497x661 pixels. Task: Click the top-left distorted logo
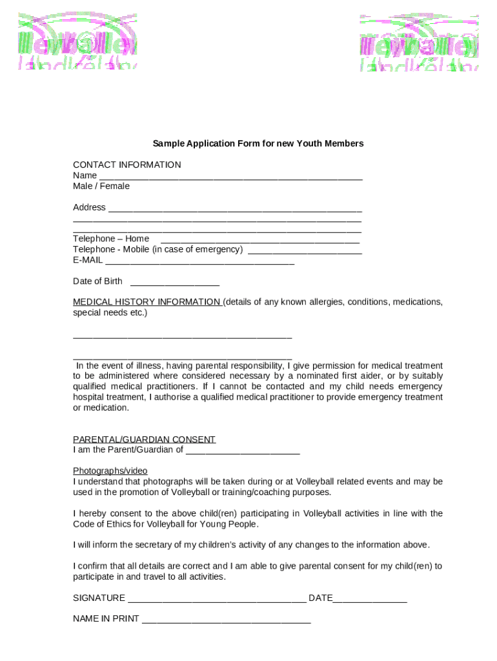pyautogui.click(x=77, y=41)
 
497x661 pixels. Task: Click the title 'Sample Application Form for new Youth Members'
pyautogui.click(x=258, y=143)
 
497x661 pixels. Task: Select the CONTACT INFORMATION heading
pyautogui.click(x=127, y=165)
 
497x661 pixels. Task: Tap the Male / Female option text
pyautogui.click(x=101, y=186)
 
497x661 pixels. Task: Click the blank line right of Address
pyautogui.click(x=235, y=209)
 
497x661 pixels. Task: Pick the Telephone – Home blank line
pyautogui.click(x=260, y=241)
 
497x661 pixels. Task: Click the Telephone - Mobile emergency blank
pyautogui.click(x=305, y=251)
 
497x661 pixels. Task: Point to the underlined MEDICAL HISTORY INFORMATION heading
pyautogui.click(x=147, y=302)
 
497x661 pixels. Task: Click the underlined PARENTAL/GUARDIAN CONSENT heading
pyautogui.click(x=144, y=440)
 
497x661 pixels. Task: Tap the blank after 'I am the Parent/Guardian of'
pyautogui.click(x=243, y=452)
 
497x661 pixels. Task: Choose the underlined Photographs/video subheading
pyautogui.click(x=110, y=471)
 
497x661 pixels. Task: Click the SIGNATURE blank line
pyautogui.click(x=217, y=600)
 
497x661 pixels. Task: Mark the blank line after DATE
pyautogui.click(x=370, y=600)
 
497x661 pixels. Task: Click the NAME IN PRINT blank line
pyautogui.click(x=226, y=620)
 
